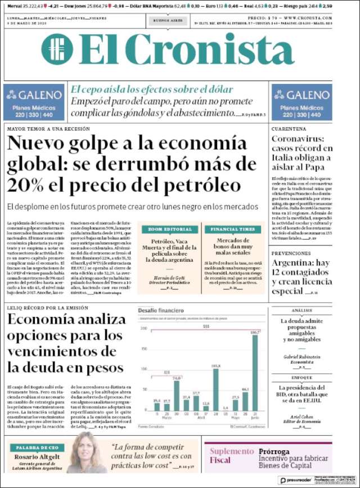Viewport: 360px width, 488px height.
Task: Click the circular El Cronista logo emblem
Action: [x=57, y=50]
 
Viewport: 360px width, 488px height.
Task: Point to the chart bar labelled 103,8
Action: [x=216, y=390]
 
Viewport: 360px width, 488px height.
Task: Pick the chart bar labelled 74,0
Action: [x=177, y=396]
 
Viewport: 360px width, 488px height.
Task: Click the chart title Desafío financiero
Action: [x=161, y=310]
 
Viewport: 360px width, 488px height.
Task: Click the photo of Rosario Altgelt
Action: [x=88, y=454]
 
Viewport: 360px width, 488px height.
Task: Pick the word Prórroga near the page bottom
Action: [x=274, y=451]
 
